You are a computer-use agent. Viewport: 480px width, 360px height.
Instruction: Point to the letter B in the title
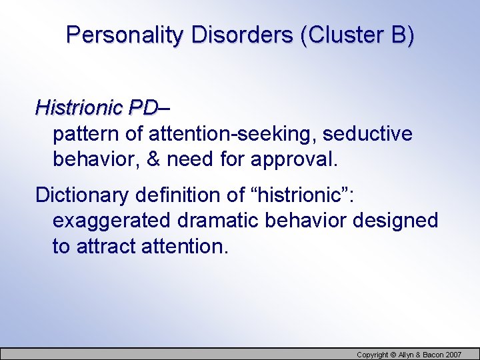click(x=398, y=35)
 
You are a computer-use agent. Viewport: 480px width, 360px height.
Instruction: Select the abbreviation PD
click(x=144, y=107)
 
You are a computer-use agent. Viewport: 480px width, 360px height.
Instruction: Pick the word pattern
click(x=86, y=134)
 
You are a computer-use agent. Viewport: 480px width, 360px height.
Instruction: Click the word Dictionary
click(x=82, y=195)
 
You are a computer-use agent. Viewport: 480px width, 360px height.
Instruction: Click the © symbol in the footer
click(x=393, y=354)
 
